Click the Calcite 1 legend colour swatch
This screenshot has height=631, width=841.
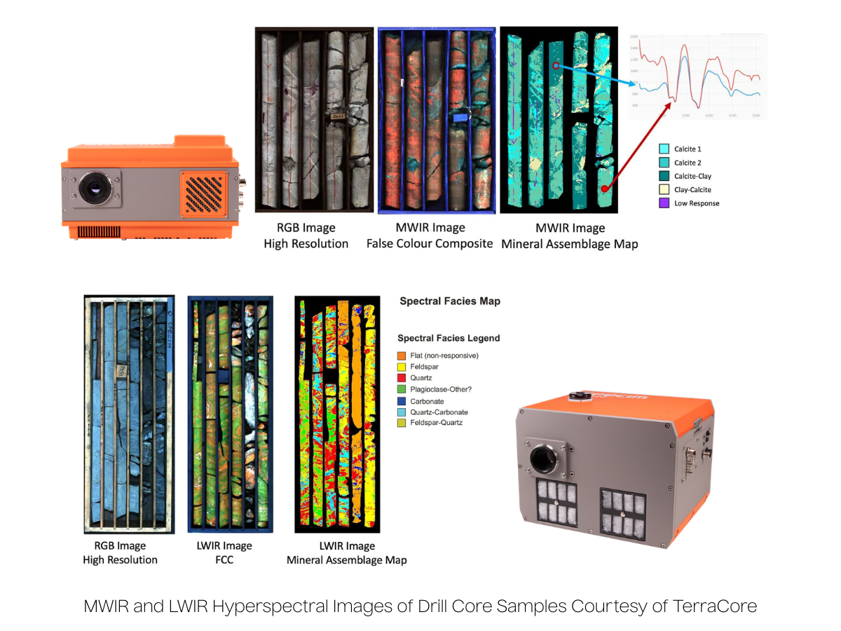663,149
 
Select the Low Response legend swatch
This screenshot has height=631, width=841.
663,203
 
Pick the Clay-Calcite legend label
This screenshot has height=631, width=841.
693,190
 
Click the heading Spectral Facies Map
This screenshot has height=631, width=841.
450,301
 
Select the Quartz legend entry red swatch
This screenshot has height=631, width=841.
402,379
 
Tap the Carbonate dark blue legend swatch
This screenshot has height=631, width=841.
402,401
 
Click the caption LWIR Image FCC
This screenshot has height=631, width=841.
219,552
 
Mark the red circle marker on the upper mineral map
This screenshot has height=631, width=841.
554,65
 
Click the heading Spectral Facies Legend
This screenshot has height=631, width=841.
449,338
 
